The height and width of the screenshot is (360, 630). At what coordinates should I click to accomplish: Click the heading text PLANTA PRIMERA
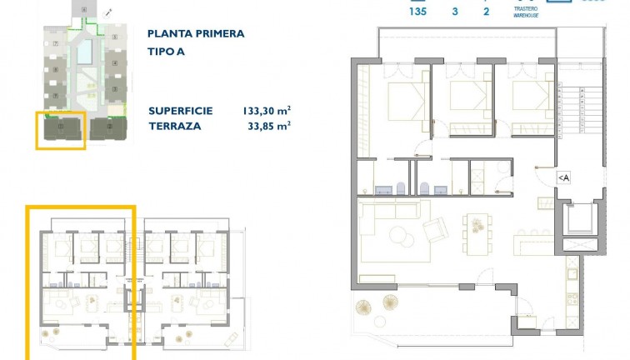point(196,34)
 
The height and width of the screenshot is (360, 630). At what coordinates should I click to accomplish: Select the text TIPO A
point(165,49)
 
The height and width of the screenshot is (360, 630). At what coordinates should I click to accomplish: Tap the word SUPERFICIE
point(181,111)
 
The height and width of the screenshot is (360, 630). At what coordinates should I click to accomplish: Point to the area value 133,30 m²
point(266,111)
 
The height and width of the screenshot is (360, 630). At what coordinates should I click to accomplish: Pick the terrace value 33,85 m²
point(270,126)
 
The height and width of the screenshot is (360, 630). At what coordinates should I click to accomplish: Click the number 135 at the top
point(417,12)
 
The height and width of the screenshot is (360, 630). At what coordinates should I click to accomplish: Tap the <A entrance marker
point(563,177)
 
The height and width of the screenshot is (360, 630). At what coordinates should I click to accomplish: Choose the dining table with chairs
point(478,226)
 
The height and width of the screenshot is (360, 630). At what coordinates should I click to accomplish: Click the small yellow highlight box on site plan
point(61,129)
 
